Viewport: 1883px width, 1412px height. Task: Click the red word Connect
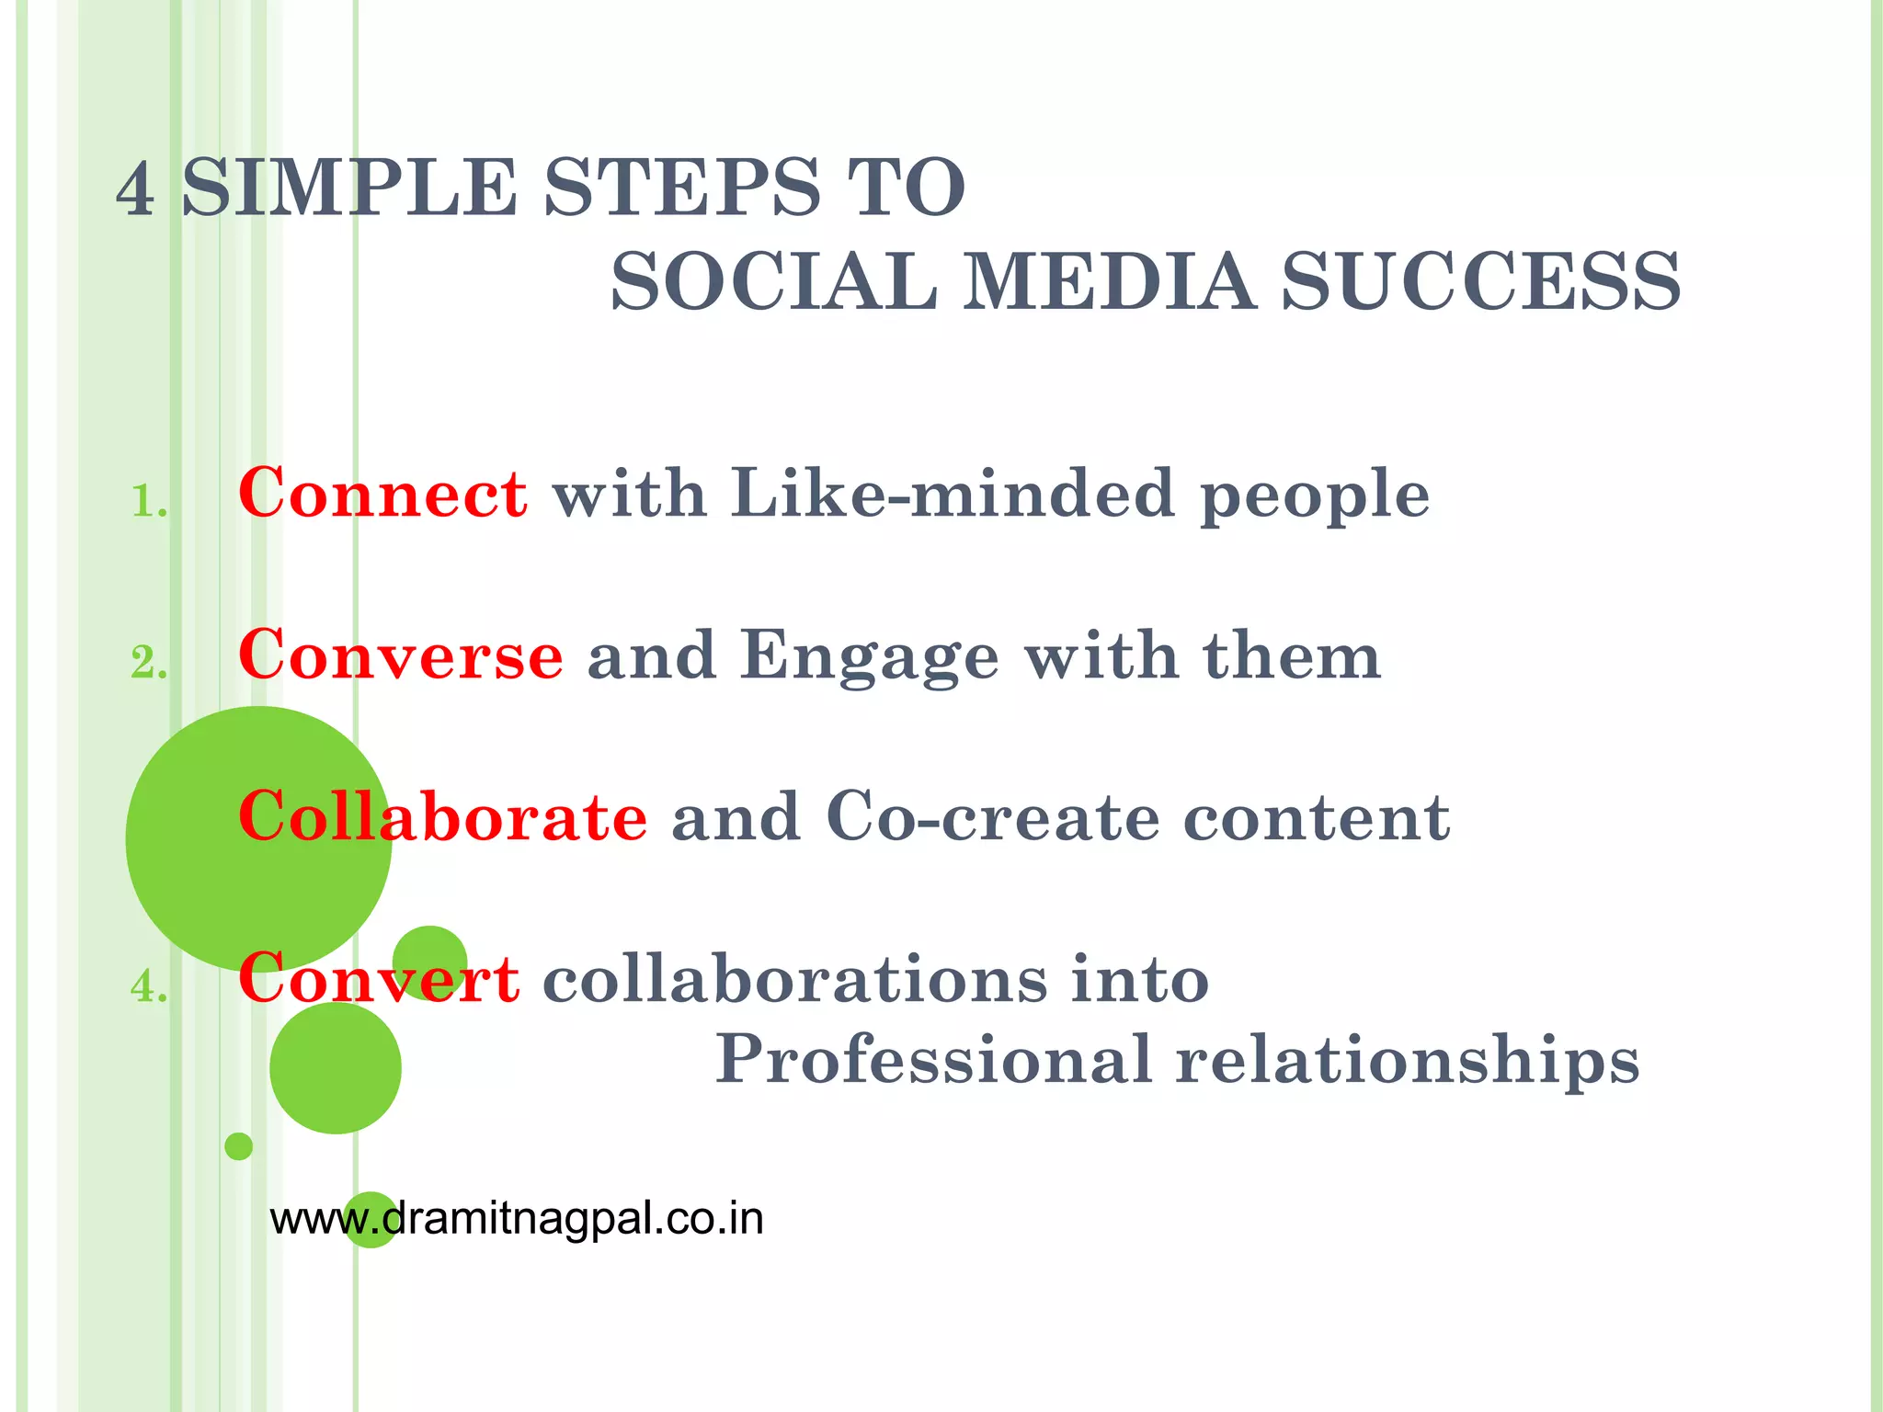pos(382,495)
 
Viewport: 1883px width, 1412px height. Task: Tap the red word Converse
pos(400,656)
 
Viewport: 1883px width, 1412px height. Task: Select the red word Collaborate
pos(442,817)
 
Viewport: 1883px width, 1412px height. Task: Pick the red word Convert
pos(379,978)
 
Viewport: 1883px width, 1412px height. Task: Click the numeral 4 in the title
pos(135,188)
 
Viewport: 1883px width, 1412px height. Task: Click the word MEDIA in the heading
pos(1108,281)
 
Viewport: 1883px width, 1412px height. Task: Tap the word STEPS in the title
pos(681,188)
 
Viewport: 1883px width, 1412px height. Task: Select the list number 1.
pos(148,502)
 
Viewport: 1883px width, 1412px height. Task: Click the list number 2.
pos(148,663)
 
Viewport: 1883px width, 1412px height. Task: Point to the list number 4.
pos(148,987)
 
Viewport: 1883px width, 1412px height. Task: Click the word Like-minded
pos(953,495)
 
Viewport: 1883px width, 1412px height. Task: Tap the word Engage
pos(870,656)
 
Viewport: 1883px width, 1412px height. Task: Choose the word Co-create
pos(993,817)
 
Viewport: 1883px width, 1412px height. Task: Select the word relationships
pos(1408,1059)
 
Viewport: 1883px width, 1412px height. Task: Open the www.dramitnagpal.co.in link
pos(517,1219)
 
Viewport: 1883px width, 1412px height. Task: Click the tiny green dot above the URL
pos(238,1146)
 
